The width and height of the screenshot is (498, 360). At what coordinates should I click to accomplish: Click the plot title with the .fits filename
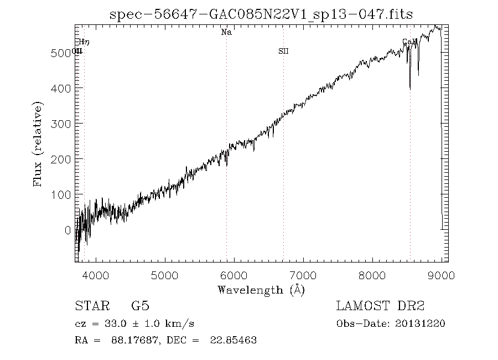click(261, 14)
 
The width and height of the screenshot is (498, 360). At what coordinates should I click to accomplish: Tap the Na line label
click(226, 32)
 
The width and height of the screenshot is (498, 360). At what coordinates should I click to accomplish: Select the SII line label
click(283, 52)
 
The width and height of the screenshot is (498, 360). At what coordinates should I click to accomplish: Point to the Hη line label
click(84, 42)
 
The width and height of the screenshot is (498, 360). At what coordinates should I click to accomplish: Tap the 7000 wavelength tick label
click(303, 275)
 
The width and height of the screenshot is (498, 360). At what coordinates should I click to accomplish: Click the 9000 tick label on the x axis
click(441, 275)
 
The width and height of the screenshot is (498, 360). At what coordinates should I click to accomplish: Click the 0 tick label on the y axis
click(68, 230)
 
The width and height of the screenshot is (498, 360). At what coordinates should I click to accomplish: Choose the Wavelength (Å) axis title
click(261, 289)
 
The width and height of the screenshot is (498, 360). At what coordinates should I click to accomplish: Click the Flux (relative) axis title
click(38, 144)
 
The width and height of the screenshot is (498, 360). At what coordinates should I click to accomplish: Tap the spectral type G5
click(141, 306)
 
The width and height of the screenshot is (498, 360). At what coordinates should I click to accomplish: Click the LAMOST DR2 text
click(380, 306)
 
